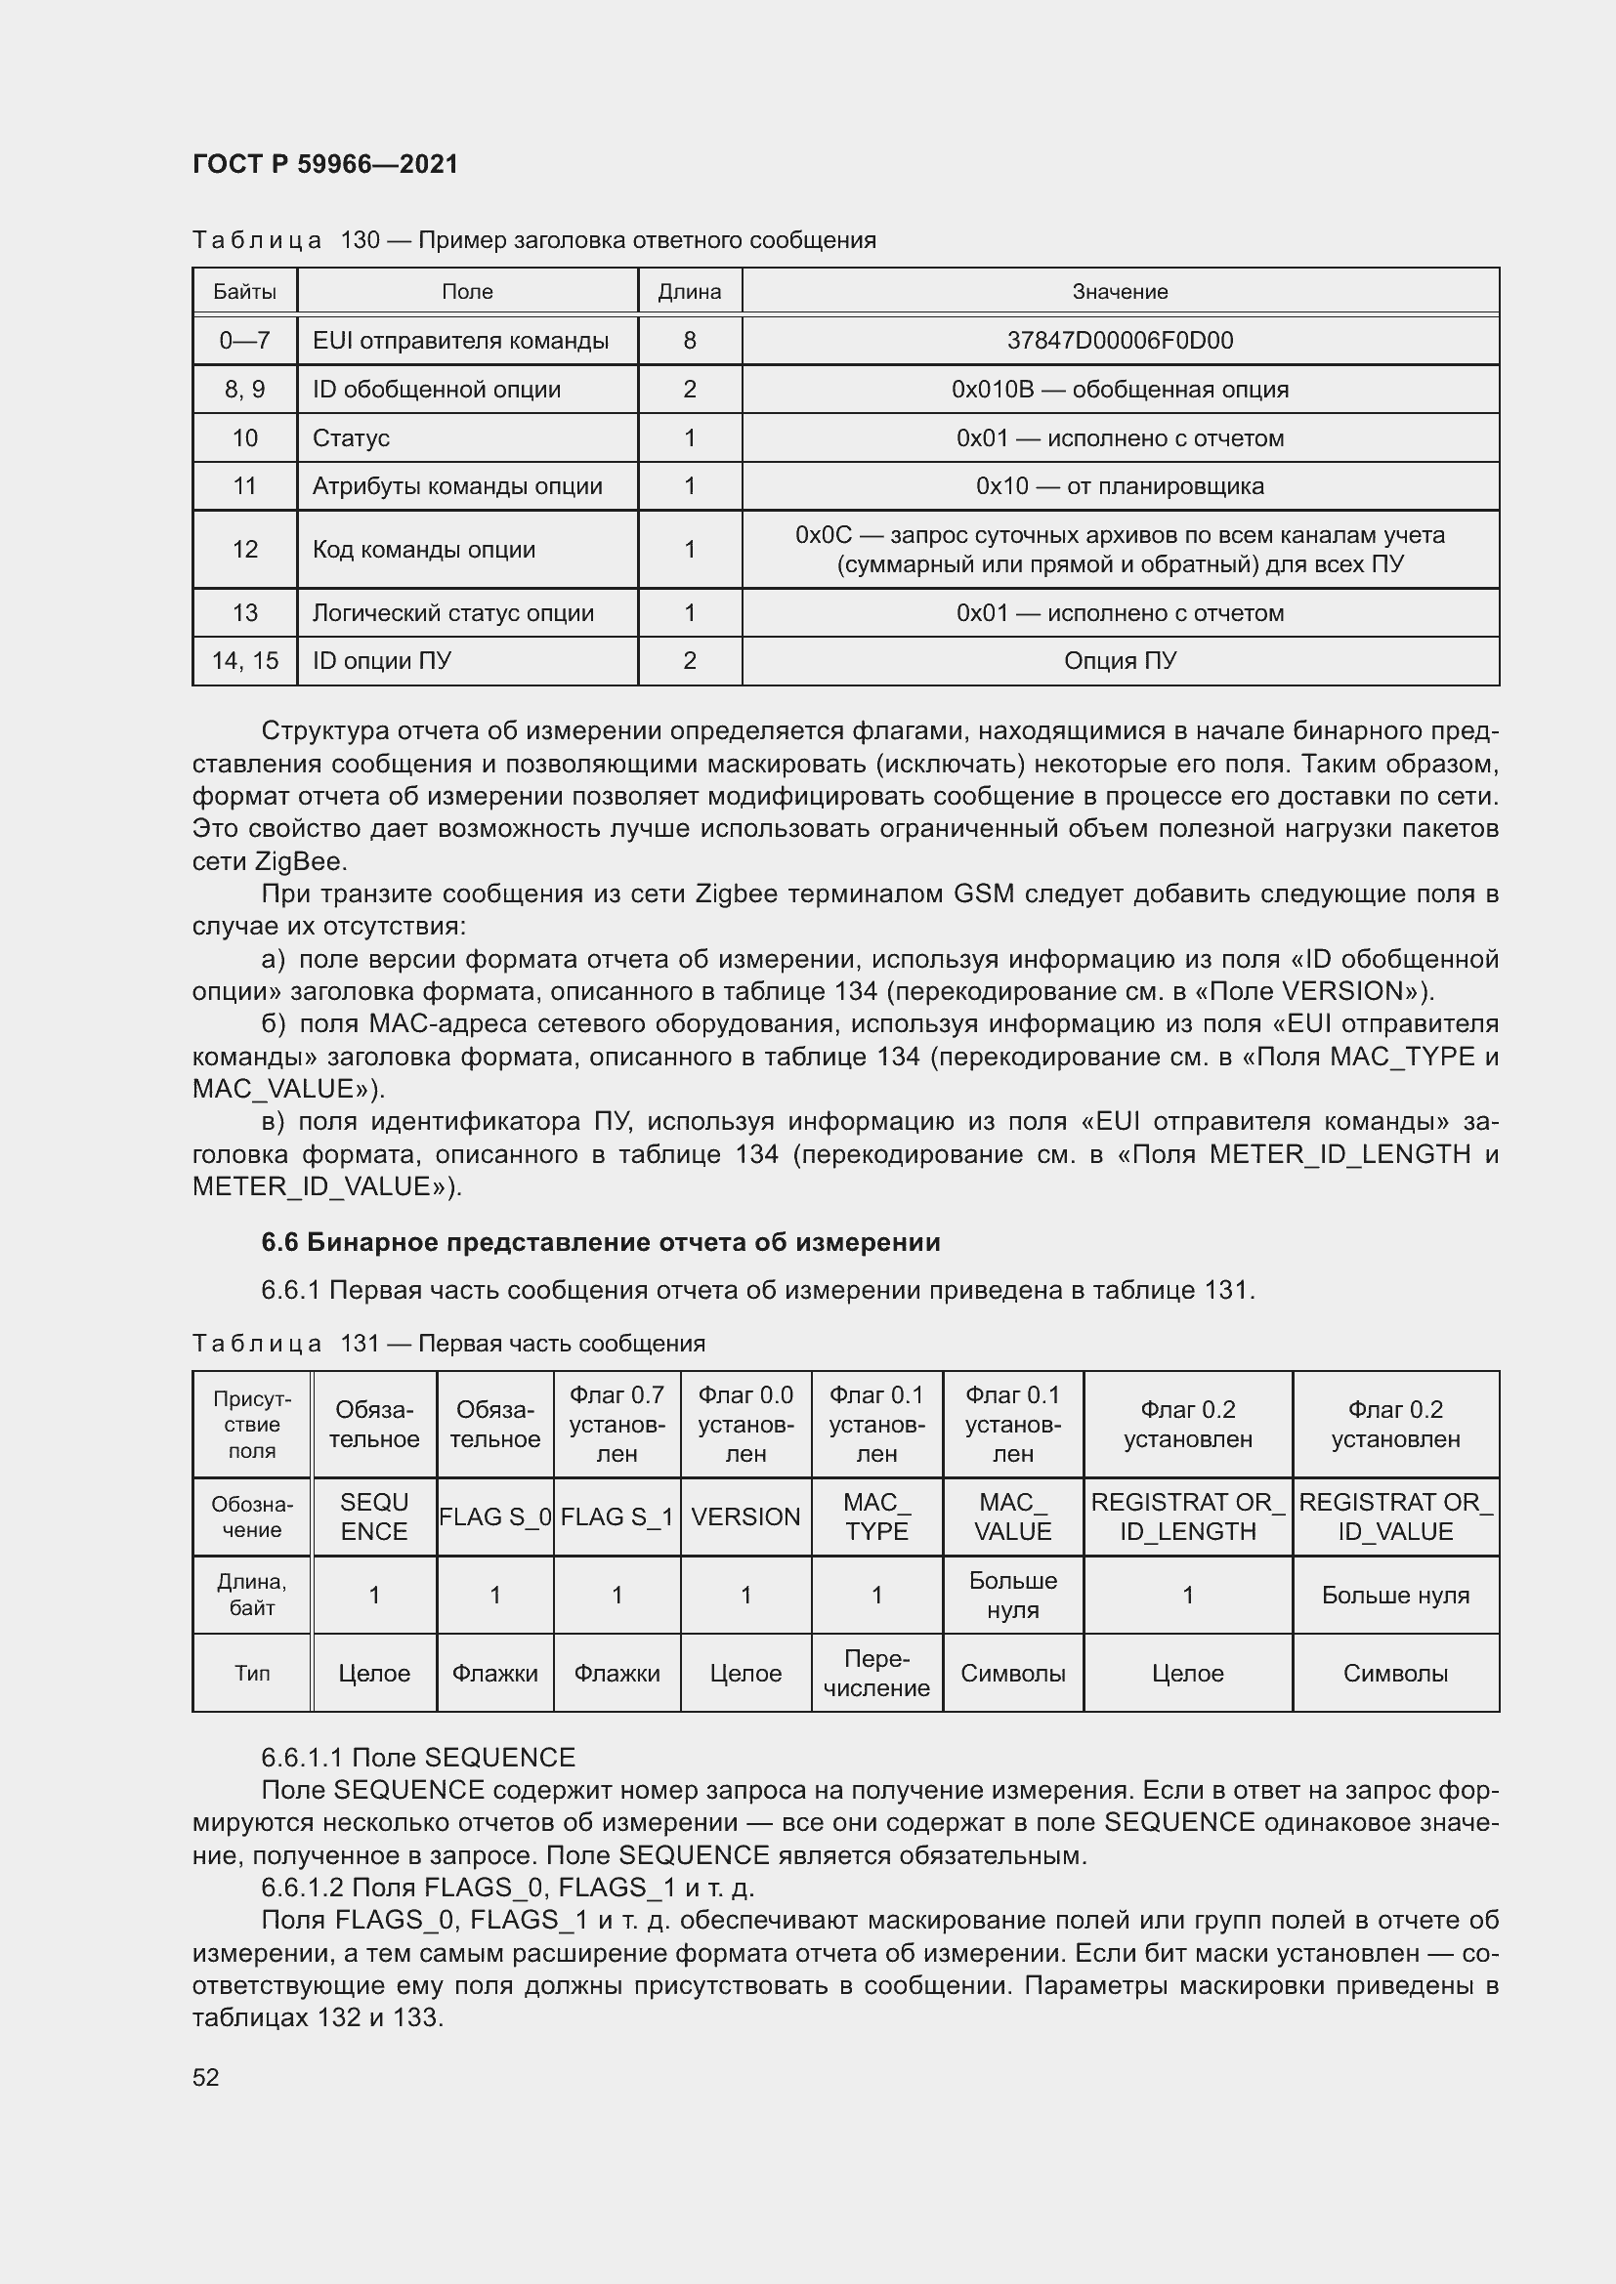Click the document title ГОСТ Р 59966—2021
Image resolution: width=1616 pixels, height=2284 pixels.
[325, 164]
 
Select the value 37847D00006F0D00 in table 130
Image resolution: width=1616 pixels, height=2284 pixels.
[1120, 341]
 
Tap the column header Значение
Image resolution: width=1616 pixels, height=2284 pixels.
[1120, 291]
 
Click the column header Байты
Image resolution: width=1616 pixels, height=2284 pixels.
[245, 291]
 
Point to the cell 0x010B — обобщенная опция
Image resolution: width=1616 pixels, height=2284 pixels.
[1120, 390]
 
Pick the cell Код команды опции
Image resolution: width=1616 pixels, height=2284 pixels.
[424, 550]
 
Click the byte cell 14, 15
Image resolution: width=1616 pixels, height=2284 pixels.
[245, 661]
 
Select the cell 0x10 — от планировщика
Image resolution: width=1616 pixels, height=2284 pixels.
[1120, 486]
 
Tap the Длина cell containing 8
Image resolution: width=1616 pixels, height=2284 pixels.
[690, 341]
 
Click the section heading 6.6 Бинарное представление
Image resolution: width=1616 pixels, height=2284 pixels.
[600, 1242]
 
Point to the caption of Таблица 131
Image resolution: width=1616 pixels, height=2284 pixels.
[447, 1344]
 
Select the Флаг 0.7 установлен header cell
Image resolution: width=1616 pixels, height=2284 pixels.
[617, 1425]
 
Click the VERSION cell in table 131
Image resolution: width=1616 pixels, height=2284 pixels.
[745, 1517]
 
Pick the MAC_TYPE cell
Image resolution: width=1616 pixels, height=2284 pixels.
[876, 1517]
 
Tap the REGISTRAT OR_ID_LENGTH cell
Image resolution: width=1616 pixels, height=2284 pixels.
[1187, 1517]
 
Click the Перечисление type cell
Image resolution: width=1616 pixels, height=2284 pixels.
[876, 1674]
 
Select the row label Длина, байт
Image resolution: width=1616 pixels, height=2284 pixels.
[252, 1595]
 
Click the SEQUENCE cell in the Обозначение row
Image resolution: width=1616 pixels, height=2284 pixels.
[374, 1517]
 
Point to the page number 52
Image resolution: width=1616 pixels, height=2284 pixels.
[206, 2078]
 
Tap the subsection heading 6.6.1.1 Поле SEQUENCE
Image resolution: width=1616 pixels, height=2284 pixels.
[418, 1758]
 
